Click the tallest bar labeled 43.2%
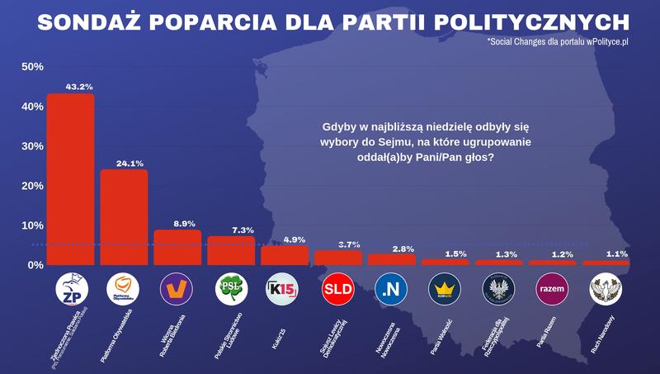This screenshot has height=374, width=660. (70, 179)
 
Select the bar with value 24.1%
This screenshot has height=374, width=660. (124, 217)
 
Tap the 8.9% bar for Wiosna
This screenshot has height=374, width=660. (177, 247)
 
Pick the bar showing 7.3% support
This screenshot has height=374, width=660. (231, 250)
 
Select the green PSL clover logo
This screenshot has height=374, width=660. (231, 289)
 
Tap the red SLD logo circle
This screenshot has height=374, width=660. (338, 289)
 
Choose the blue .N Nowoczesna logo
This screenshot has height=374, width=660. (391, 289)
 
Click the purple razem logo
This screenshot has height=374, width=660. (552, 289)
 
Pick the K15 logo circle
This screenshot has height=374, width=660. (285, 289)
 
